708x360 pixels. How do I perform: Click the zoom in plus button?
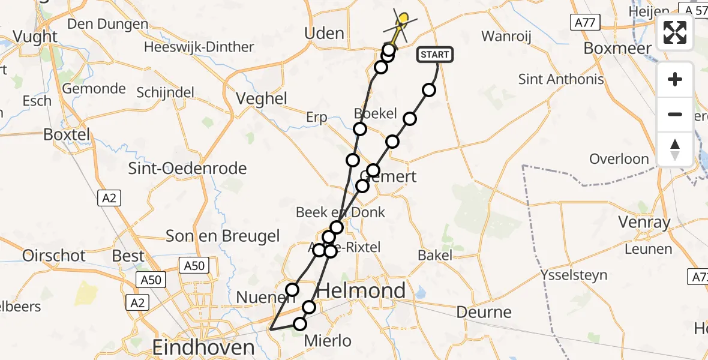click(x=675, y=79)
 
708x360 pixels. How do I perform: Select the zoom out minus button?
click(x=675, y=114)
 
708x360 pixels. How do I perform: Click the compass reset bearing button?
click(x=675, y=149)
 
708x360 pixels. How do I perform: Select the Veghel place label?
click(x=262, y=98)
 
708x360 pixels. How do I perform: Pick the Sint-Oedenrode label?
click(x=187, y=169)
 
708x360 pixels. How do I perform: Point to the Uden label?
click(x=324, y=33)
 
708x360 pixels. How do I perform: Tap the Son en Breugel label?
click(x=223, y=236)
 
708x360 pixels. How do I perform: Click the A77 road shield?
click(x=583, y=23)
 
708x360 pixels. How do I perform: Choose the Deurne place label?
click(x=484, y=312)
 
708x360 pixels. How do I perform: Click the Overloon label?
click(x=619, y=159)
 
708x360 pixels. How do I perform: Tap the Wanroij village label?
click(x=507, y=36)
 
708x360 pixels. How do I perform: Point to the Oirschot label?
click(x=54, y=255)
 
